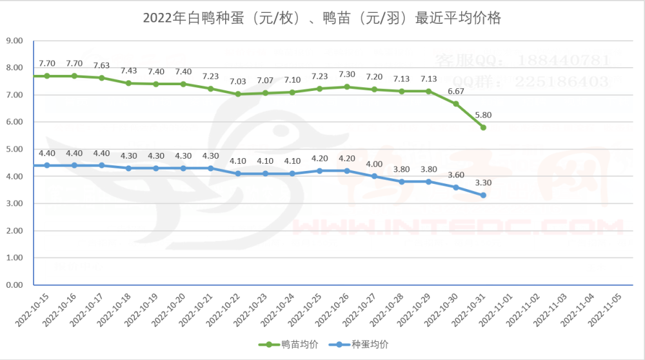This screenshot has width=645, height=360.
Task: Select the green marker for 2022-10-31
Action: click(x=483, y=128)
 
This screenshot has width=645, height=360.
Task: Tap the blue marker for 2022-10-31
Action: click(x=483, y=195)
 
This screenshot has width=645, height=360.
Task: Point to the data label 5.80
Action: click(x=483, y=115)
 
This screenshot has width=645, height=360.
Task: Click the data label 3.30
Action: click(x=483, y=183)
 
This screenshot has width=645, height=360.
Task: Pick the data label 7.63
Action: click(x=102, y=65)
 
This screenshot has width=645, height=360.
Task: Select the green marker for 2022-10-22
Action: click(x=238, y=94)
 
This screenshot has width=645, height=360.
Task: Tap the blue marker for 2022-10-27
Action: click(x=374, y=176)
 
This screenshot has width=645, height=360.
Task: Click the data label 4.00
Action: click(x=374, y=163)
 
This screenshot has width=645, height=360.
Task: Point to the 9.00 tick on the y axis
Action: click(x=14, y=41)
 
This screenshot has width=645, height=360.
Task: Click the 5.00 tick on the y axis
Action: click(x=14, y=149)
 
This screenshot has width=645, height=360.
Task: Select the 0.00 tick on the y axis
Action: click(x=14, y=285)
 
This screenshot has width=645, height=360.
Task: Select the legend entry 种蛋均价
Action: click(x=370, y=345)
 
